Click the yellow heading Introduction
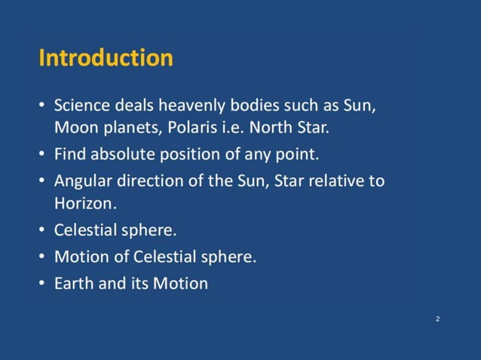click(x=106, y=58)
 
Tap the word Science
click(x=82, y=105)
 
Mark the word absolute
click(x=121, y=154)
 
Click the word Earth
click(x=73, y=283)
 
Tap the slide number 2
click(x=438, y=320)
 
